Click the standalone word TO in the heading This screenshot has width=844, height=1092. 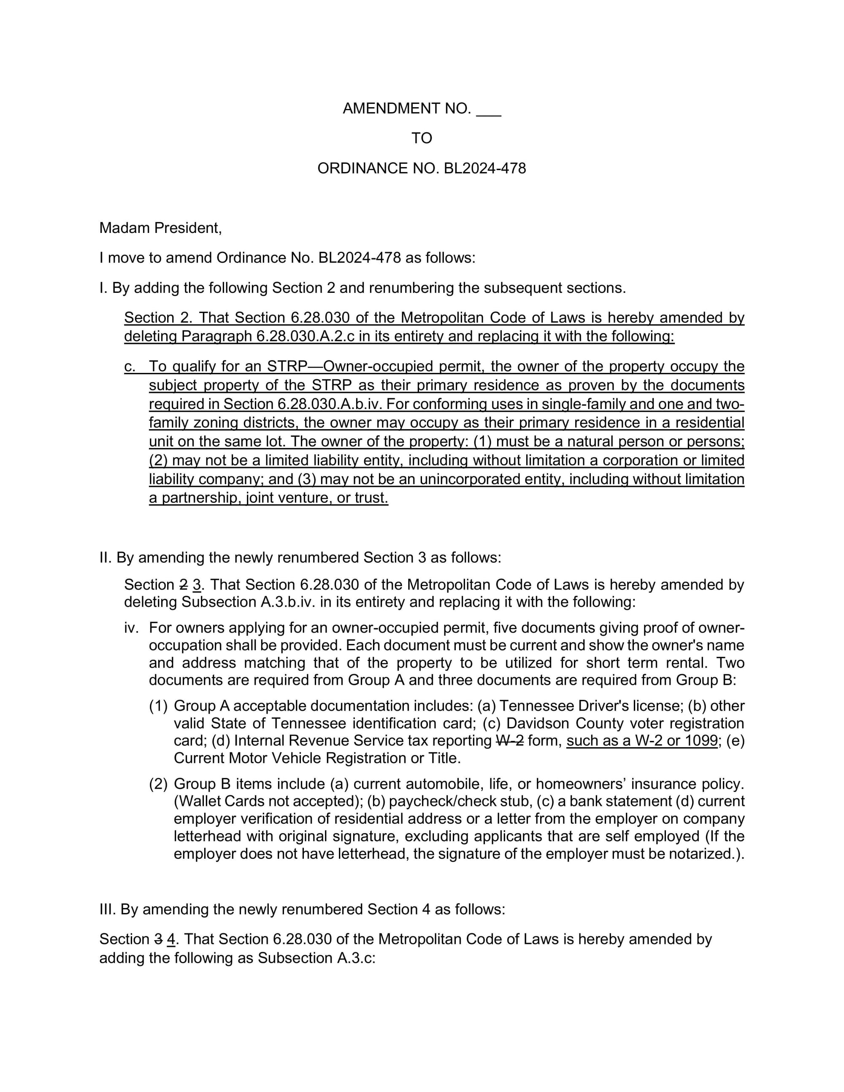[422, 138]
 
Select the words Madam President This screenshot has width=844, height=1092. [160, 228]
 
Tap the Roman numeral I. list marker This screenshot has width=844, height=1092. [103, 288]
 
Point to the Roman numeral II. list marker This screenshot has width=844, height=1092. [105, 557]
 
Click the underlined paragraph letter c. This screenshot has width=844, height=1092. [130, 367]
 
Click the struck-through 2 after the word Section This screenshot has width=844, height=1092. [184, 584]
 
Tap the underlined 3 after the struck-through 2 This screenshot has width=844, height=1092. [197, 584]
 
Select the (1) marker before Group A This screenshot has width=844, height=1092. [158, 706]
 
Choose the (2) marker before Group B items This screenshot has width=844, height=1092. [158, 784]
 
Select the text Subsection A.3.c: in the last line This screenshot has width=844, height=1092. [316, 958]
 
